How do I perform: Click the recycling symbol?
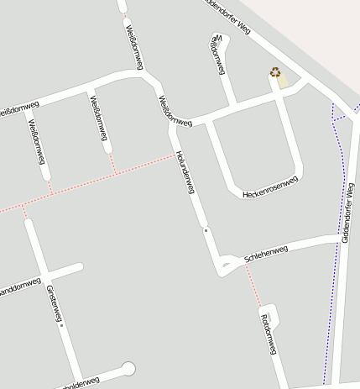click(x=275, y=72)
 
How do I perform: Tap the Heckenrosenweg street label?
click(x=269, y=188)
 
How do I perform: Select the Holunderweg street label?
click(x=185, y=174)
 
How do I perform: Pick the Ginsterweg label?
click(x=54, y=302)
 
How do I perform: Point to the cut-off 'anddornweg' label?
click(x=18, y=287)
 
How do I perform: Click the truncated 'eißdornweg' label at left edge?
click(x=18, y=108)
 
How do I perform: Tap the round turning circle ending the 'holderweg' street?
click(x=128, y=367)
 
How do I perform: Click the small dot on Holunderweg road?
click(x=205, y=228)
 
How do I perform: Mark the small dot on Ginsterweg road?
click(x=61, y=324)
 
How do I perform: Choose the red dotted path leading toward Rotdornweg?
click(x=251, y=291)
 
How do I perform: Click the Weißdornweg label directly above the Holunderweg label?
click(x=167, y=110)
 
